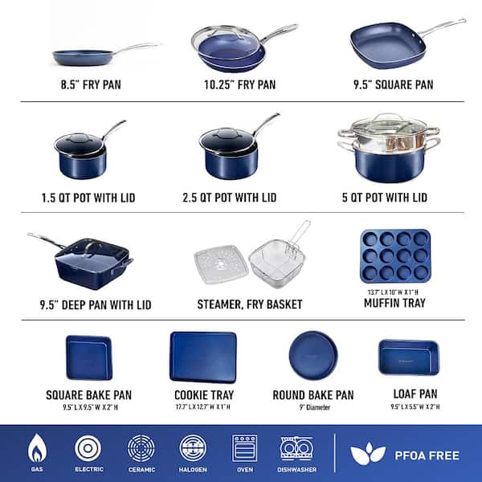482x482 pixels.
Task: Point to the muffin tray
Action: [396, 255]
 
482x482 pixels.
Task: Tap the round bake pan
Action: [313, 356]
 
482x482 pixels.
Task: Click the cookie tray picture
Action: [203, 357]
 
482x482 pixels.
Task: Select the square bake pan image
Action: [89, 357]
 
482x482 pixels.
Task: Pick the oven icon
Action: [243, 447]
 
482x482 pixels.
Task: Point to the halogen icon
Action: [194, 447]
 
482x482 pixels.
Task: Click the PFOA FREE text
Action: [427, 455]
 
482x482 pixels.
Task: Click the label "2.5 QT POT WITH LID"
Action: [238, 198]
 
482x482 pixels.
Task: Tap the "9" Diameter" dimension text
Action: [313, 406]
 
